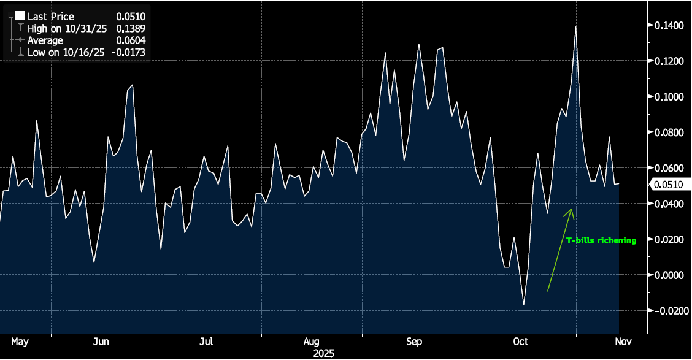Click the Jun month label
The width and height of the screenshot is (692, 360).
(102, 342)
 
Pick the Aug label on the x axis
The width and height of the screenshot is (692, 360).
(312, 342)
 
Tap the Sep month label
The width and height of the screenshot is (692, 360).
(414, 342)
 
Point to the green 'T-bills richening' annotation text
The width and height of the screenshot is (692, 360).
(601, 241)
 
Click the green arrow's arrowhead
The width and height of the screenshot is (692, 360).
(572, 210)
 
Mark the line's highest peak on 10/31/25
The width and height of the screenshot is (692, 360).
(575, 27)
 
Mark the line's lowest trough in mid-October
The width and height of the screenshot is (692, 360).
(524, 305)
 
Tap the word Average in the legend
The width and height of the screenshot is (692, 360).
(45, 40)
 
